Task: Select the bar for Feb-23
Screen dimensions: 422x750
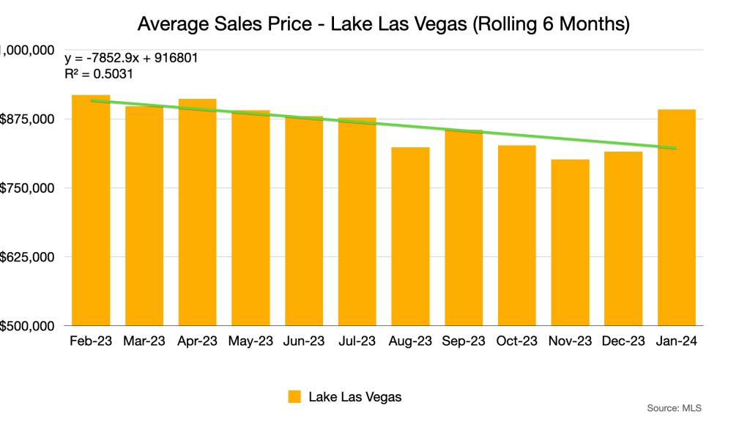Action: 91,212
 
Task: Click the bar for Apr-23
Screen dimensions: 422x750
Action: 197,214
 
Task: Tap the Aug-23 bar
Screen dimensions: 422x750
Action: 410,238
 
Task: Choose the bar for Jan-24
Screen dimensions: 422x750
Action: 677,218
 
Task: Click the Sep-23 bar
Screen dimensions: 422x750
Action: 464,229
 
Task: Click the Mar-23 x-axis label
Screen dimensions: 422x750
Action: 144,341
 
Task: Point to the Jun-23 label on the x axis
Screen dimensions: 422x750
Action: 304,341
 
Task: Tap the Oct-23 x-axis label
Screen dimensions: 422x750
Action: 517,341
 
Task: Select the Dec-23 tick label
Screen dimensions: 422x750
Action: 623,341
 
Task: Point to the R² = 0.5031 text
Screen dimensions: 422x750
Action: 98,74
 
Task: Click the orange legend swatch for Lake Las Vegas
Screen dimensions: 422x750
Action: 295,397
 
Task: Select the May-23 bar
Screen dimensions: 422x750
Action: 250,219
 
